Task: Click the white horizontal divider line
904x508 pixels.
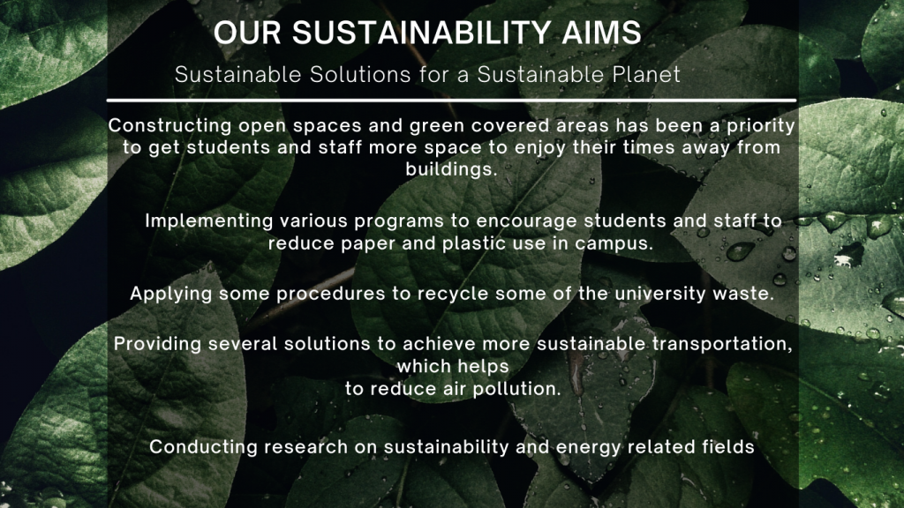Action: [451, 101]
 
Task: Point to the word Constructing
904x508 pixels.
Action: [170, 126]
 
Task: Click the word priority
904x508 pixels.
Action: [761, 126]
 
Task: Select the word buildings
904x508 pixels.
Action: [451, 169]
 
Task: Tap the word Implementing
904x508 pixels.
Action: [209, 221]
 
